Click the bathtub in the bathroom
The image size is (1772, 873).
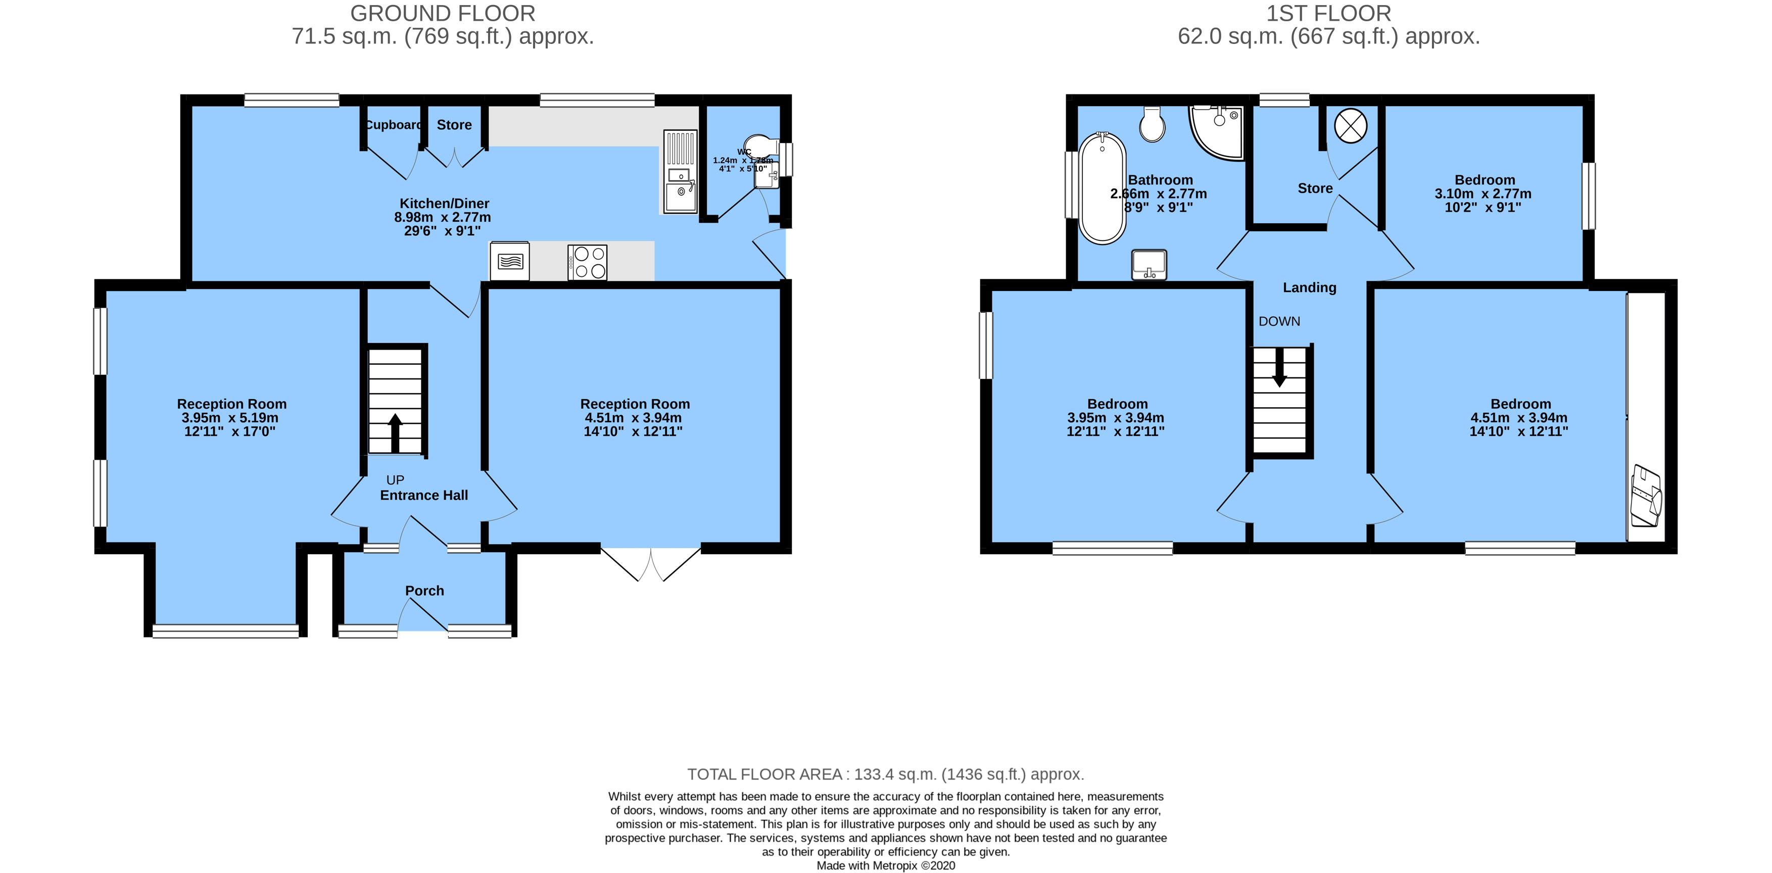[x=1102, y=188]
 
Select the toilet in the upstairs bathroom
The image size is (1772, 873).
[x=1152, y=124]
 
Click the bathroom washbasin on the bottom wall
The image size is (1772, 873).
[x=1149, y=265]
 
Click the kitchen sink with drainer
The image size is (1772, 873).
[x=680, y=172]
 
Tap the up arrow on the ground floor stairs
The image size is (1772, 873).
[x=396, y=432]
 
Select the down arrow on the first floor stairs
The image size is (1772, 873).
[x=1279, y=367]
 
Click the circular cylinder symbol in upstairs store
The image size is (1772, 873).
[x=1350, y=126]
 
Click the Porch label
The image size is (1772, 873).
[x=424, y=590]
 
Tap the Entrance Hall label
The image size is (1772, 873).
[x=424, y=495]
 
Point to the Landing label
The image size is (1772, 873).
[x=1309, y=287]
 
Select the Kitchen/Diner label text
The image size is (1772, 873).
[x=444, y=204]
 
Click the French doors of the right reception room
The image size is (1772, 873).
[x=651, y=564]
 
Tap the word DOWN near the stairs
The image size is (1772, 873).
[x=1279, y=321]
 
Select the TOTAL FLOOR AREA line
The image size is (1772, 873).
[x=885, y=774]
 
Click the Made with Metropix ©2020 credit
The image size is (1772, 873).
[x=885, y=865]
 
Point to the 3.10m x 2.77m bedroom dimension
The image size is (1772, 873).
[x=1482, y=194]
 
